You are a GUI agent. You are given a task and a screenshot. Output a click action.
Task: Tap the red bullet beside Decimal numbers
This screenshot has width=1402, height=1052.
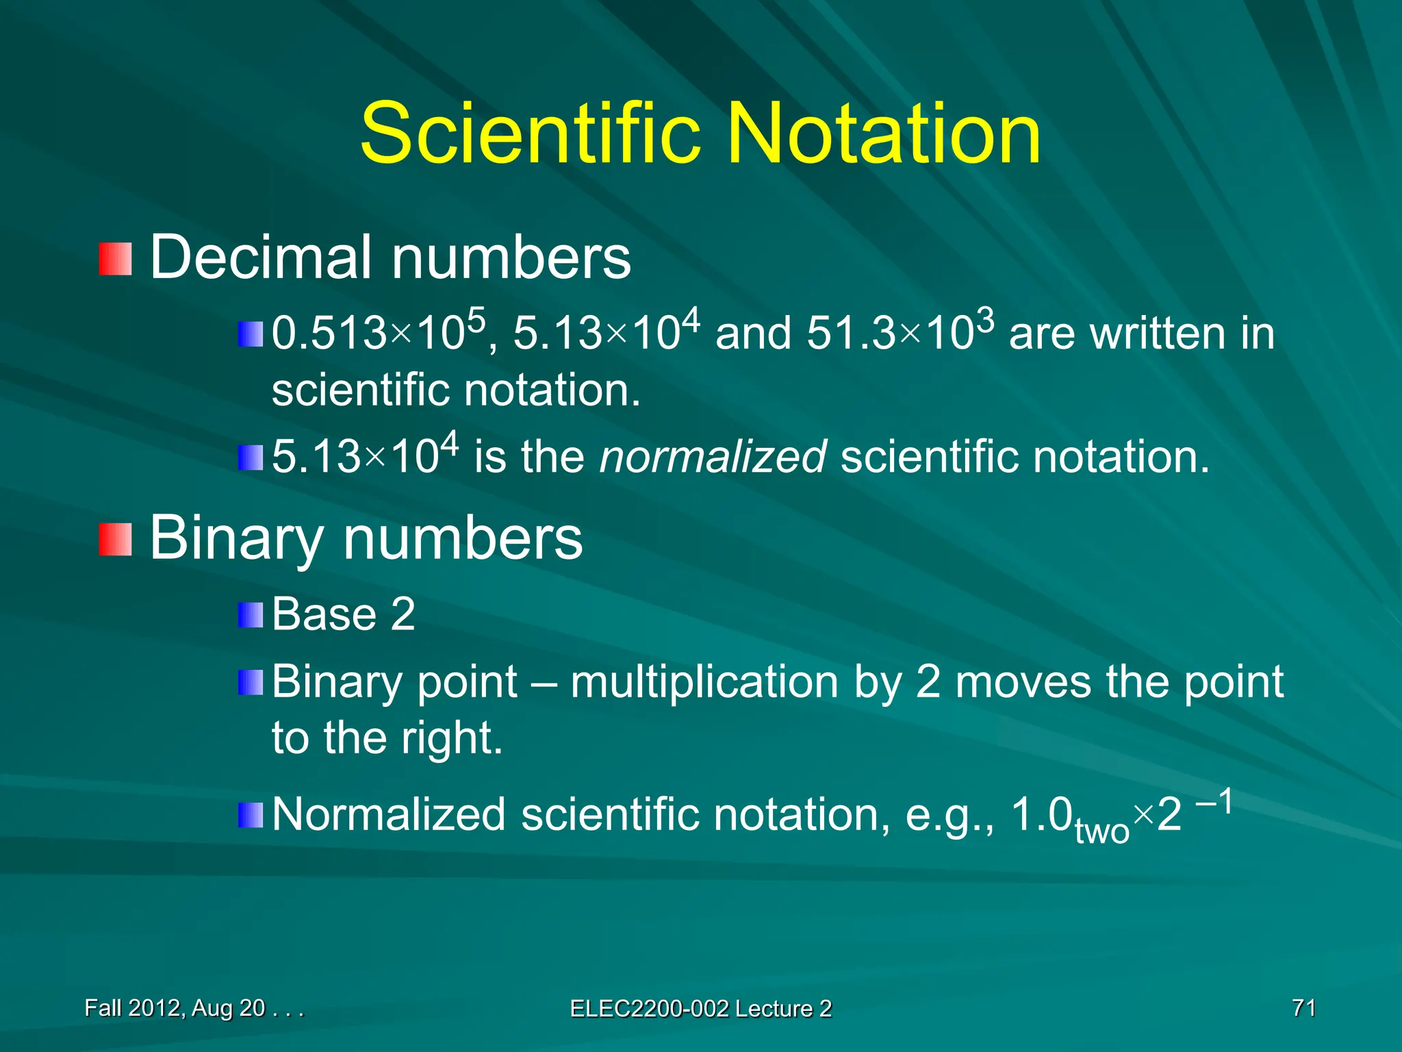[114, 259]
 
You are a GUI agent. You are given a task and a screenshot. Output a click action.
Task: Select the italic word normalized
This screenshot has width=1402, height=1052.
[713, 457]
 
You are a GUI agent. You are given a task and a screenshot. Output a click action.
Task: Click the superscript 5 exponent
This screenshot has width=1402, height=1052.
[476, 320]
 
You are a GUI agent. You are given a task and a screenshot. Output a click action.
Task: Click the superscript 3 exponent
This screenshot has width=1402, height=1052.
[985, 320]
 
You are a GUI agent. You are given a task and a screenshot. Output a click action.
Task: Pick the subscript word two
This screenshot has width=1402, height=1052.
[1101, 831]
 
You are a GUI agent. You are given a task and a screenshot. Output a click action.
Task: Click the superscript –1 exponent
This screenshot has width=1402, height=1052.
[1214, 802]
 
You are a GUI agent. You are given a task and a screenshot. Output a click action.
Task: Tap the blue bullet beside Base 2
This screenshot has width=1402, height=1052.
[250, 615]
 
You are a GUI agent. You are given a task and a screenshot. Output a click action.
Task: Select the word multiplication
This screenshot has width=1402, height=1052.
[704, 682]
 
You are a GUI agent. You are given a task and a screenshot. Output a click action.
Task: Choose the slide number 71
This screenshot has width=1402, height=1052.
[1303, 1008]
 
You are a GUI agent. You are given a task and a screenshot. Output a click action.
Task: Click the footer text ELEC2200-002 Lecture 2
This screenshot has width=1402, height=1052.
[700, 1009]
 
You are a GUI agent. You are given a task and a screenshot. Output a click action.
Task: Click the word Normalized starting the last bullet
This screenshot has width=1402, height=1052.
[389, 815]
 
